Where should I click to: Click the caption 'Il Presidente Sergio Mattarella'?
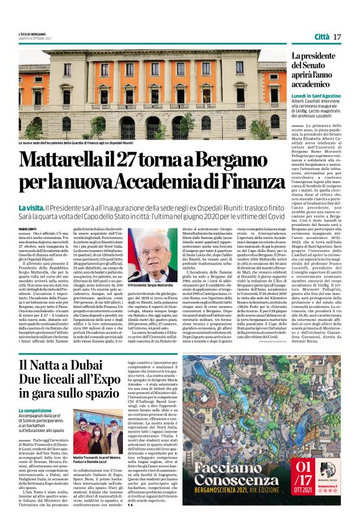(151, 285)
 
